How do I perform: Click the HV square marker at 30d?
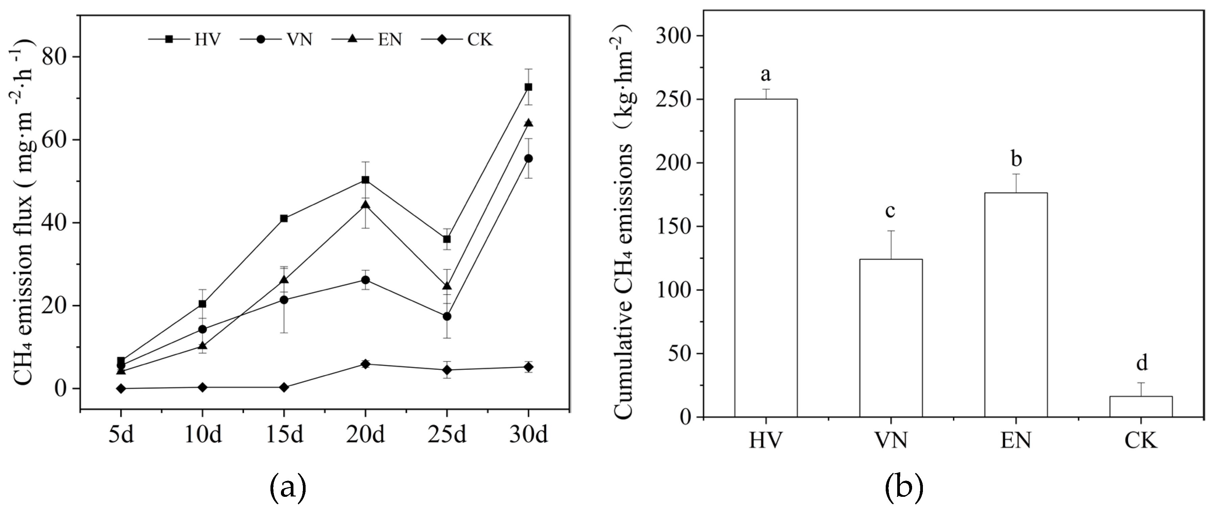coord(528,87)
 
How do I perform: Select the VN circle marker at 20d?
coord(365,280)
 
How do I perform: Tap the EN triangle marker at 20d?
coord(365,205)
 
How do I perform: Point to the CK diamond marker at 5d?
coord(121,388)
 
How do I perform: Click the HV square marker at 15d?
coord(284,219)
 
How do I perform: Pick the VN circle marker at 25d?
coord(447,316)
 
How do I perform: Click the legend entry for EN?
coord(368,40)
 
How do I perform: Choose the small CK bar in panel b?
coord(1141,406)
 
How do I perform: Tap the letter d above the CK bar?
coord(1141,363)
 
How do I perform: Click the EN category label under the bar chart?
coord(1016,441)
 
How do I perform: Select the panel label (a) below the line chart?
coord(287,489)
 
